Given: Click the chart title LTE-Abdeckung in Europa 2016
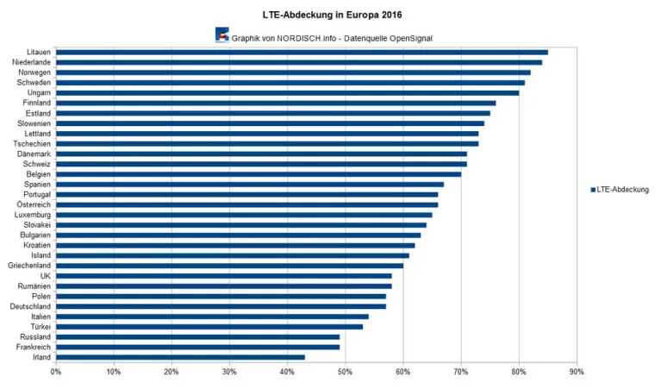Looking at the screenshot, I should coord(333,15).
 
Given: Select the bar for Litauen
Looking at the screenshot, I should coord(302,52).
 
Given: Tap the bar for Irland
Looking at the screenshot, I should coord(180,357).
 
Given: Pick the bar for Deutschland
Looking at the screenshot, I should coord(221,306).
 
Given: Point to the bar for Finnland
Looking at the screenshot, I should coord(276,103).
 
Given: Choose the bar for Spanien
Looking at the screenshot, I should coord(250,184).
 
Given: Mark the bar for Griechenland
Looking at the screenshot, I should coord(229,266).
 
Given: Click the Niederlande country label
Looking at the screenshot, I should coord(31,62).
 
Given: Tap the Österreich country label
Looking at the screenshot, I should coord(34,204).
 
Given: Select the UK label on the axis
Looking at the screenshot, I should coord(45,276).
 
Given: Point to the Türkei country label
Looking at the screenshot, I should coord(38,327).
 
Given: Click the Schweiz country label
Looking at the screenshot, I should coord(36,164).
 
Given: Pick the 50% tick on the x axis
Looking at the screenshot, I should coord(345,372).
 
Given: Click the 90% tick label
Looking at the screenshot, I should coord(577,372).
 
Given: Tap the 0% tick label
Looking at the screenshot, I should coord(56,372).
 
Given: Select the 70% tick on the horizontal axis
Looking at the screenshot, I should coord(461,372).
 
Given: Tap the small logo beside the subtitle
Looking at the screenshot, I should coord(221,35).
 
